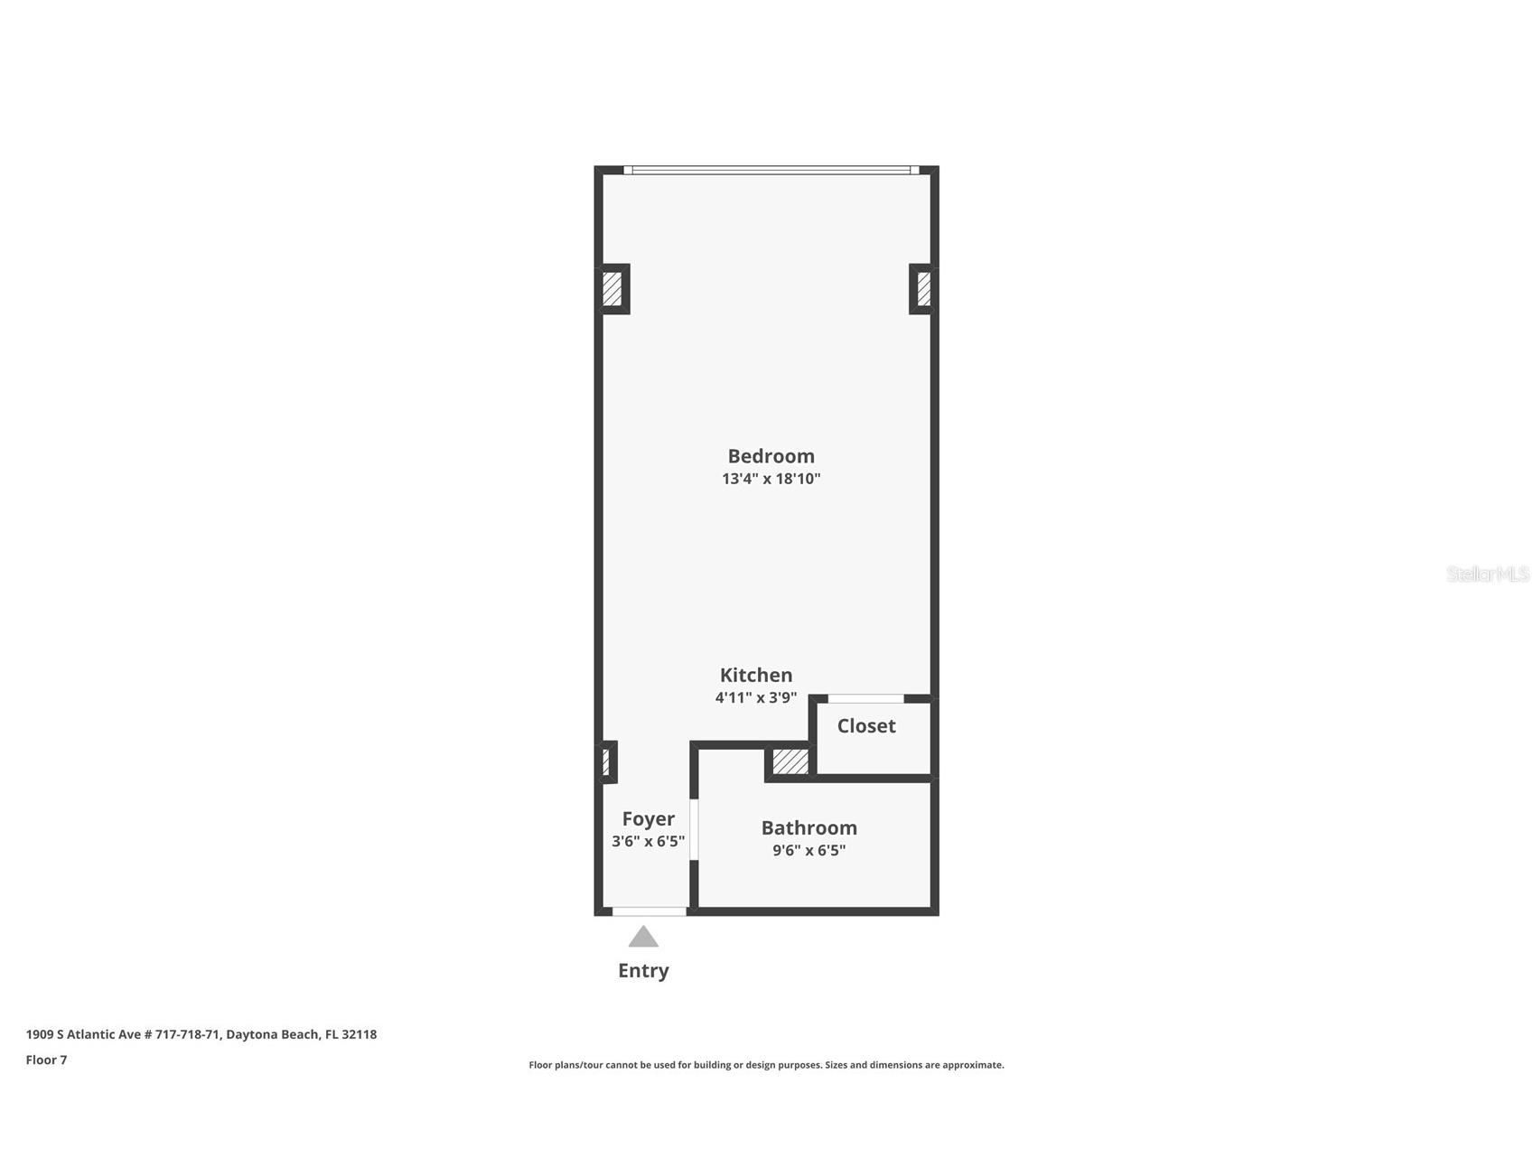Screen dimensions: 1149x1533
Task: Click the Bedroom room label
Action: pos(771,456)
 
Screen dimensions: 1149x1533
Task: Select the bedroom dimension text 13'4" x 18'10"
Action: pos(771,479)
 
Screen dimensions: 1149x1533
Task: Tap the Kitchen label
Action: pos(756,675)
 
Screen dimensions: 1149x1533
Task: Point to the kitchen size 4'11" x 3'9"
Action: pos(756,697)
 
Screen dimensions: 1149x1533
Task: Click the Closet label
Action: pos(865,725)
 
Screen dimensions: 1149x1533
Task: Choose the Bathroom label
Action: pos(809,827)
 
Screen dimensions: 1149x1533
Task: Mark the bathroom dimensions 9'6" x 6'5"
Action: pos(809,850)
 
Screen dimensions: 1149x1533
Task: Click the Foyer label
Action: pos(648,818)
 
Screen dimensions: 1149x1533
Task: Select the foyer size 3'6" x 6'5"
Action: pos(648,841)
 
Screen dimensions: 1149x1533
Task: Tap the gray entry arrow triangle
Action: pos(643,938)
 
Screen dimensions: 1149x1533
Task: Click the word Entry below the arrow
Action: pos(643,970)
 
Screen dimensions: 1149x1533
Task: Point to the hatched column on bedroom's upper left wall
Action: pos(612,289)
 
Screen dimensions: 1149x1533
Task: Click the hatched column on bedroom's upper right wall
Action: pos(922,289)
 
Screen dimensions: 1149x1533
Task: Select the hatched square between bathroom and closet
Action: pos(790,761)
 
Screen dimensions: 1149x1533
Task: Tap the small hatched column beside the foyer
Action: pos(606,761)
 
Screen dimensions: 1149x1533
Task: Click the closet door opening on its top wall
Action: pos(865,698)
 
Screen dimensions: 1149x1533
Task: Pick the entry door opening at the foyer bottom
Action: pos(649,911)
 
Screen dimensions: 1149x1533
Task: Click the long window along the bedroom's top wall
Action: pos(771,170)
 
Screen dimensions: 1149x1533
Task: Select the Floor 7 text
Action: pos(46,1060)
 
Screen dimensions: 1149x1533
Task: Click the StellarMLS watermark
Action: pos(1487,574)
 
